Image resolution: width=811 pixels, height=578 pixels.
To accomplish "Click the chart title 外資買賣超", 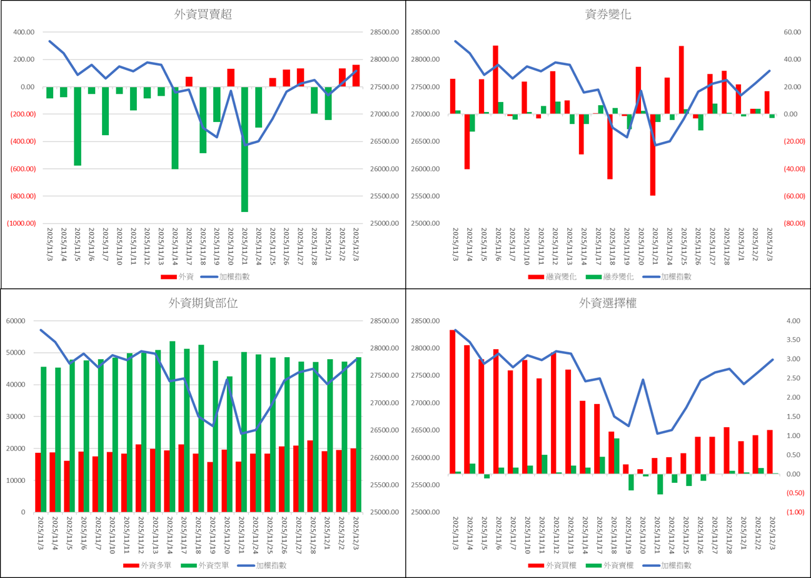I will click(x=203, y=15).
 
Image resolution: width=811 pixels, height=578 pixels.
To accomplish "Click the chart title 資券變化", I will click(x=608, y=15).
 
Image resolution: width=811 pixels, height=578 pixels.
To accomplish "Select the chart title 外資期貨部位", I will click(x=203, y=303).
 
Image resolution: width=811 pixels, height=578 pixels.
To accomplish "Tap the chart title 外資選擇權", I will click(x=608, y=303).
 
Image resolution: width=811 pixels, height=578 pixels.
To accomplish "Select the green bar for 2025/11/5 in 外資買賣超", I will click(x=78, y=126).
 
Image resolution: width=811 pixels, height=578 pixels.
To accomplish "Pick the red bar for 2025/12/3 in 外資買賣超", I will click(x=356, y=76).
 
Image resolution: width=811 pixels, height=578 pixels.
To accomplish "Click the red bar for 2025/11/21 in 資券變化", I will click(x=653, y=155).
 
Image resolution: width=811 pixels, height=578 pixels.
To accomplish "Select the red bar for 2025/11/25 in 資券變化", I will click(x=681, y=80).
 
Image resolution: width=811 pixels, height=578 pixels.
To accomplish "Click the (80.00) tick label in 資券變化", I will click(x=794, y=223).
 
